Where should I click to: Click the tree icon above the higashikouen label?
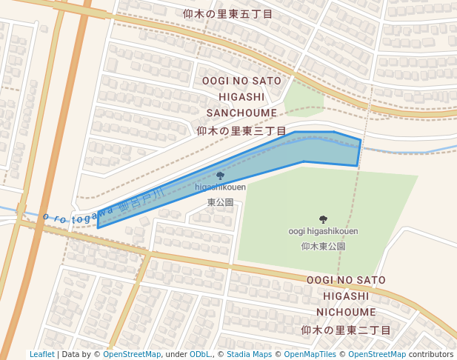(220, 176)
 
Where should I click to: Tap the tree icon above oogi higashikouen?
(322, 219)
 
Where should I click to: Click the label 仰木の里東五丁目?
(228, 14)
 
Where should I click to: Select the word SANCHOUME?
(241, 113)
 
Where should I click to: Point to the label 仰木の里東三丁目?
(241, 130)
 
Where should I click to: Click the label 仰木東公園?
(324, 246)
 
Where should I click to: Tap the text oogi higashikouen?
(323, 231)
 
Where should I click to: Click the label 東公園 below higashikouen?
(220, 201)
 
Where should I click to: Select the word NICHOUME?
(346, 312)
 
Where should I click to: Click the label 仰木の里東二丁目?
(346, 330)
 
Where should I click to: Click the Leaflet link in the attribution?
(41, 354)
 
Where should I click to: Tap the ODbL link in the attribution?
(200, 354)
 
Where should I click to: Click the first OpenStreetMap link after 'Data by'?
(132, 354)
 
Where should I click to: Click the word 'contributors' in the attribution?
(430, 354)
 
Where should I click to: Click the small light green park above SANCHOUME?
(304, 96)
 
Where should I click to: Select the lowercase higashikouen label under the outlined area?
(220, 187)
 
